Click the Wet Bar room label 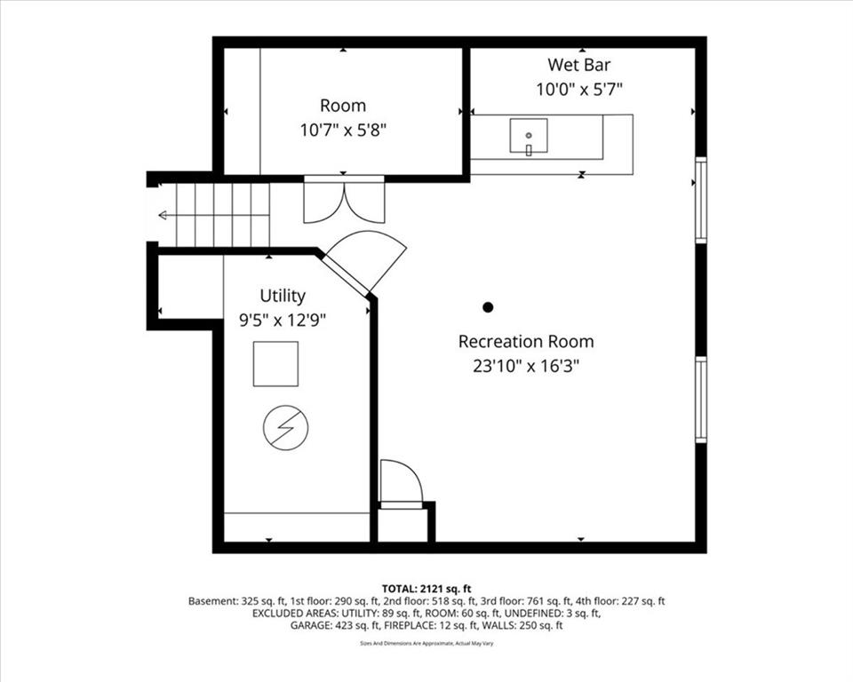[578, 65]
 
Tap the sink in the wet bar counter [528, 135]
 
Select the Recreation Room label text [526, 342]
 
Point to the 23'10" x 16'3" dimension [525, 366]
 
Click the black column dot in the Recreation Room [488, 307]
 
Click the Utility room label [283, 296]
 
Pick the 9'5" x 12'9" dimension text [283, 321]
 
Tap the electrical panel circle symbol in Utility [285, 427]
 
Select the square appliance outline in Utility [275, 364]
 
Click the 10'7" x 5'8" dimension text [343, 130]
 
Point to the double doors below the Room [344, 200]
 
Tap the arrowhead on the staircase [162, 216]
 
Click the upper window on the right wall [701, 200]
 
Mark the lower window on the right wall [701, 400]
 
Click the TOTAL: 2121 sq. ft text [426, 589]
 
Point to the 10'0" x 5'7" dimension [579, 89]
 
